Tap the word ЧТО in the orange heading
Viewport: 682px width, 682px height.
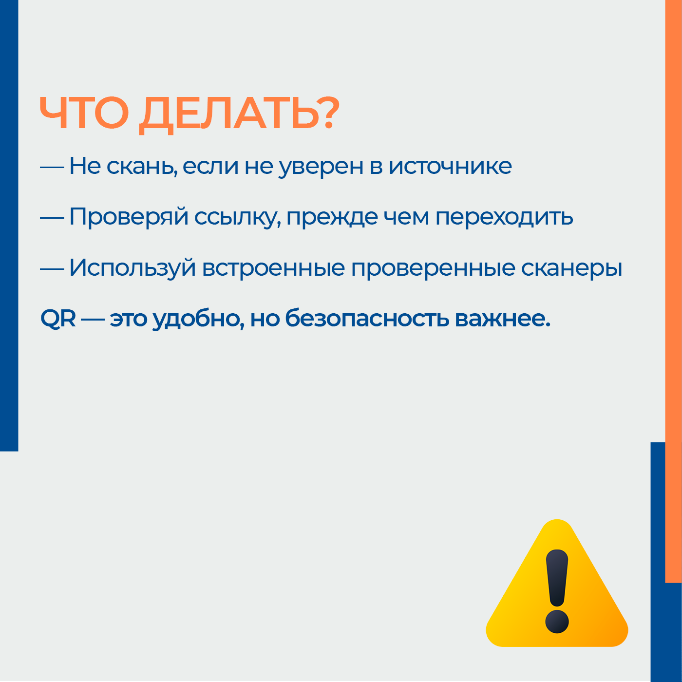[x=84, y=113]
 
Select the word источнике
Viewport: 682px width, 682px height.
[x=450, y=166]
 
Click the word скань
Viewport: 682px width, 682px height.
[x=142, y=167]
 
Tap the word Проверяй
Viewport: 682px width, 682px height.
[x=129, y=216]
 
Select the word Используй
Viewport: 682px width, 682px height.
[x=133, y=268]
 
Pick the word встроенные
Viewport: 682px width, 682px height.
[x=273, y=268]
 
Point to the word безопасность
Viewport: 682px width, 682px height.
[x=367, y=318]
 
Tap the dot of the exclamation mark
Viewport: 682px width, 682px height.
[x=557, y=622]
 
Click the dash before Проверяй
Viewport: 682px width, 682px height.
[x=52, y=218]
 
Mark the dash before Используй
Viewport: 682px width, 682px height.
[x=52, y=269]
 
